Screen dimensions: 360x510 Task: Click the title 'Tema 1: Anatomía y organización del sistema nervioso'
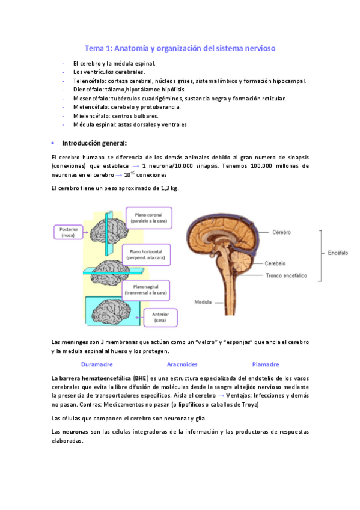(180, 48)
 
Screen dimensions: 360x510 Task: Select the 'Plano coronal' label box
(149, 218)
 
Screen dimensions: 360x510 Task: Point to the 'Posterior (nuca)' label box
(72, 233)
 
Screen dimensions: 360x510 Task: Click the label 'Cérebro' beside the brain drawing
(281, 232)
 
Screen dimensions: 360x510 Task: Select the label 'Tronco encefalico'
(287, 276)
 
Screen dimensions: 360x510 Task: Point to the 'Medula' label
(203, 302)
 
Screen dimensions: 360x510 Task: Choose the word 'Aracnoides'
(182, 364)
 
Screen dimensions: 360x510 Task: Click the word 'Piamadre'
(266, 364)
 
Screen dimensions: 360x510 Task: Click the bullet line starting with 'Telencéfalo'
(189, 81)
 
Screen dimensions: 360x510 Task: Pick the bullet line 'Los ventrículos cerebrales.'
(109, 72)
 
